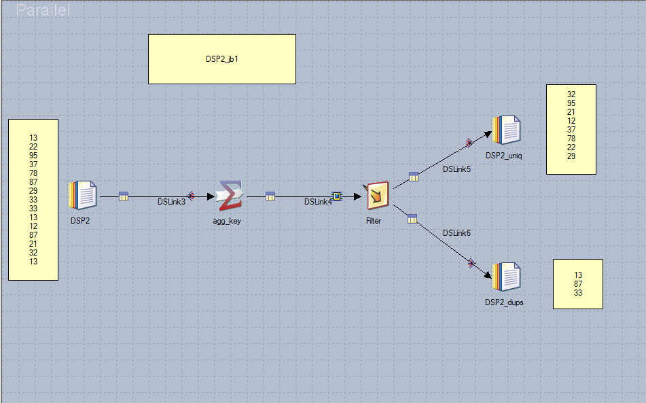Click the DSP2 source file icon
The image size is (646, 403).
point(83,196)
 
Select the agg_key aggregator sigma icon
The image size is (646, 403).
point(230,196)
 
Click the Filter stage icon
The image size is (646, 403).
point(377,196)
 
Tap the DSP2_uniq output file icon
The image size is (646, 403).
point(506,130)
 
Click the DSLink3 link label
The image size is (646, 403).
point(171,202)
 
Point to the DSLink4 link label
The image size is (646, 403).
point(318,202)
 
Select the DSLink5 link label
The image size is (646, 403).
point(456,169)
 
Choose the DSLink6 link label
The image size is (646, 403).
point(456,233)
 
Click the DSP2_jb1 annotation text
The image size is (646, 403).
point(222,59)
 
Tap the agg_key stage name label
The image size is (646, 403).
point(227,221)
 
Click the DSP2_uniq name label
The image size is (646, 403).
point(504,156)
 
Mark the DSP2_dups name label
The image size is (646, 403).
point(504,302)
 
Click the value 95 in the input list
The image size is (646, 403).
point(33,155)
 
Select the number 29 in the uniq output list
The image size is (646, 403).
point(571,156)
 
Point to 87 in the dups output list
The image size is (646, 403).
point(578,284)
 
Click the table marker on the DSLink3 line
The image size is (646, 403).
point(123,196)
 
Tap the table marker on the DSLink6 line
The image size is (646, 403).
point(412,218)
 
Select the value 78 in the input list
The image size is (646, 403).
point(33,173)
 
